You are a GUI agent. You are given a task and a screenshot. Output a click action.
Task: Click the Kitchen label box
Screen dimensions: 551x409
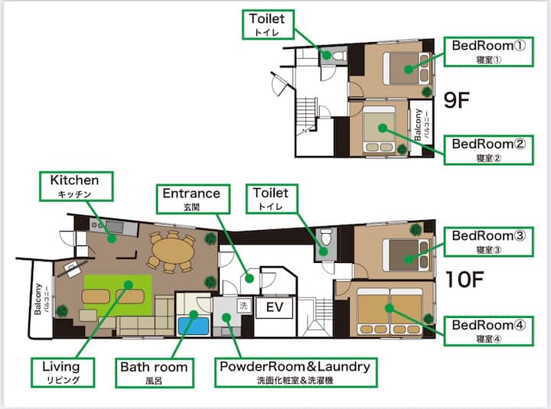click(77, 187)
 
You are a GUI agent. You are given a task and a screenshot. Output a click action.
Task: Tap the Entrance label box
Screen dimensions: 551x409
click(193, 199)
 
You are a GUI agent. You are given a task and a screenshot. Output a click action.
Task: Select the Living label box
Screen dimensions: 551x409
click(63, 372)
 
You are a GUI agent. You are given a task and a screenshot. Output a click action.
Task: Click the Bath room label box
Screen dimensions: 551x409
click(155, 373)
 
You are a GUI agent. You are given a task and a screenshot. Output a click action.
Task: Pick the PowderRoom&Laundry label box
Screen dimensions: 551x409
click(296, 372)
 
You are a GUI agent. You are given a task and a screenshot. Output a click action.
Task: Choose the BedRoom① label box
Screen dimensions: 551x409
click(488, 52)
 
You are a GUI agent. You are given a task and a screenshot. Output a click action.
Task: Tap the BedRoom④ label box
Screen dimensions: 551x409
click(488, 331)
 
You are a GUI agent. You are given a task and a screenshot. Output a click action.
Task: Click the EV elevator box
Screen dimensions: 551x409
click(274, 308)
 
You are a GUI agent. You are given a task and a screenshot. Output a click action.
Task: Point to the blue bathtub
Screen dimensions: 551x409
click(194, 326)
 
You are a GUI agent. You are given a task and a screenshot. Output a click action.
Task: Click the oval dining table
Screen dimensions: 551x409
click(173, 252)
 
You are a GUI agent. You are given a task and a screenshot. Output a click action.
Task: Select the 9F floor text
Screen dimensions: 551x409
click(456, 99)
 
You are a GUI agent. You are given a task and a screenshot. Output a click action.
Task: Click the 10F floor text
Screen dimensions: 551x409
click(465, 280)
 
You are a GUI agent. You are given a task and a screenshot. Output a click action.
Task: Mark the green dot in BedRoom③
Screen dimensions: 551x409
click(409, 259)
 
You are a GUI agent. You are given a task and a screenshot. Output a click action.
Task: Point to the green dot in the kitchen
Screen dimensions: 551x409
click(112, 239)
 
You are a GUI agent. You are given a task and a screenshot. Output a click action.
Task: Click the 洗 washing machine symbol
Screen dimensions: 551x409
click(243, 305)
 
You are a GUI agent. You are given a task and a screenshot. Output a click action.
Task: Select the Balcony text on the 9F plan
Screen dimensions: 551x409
click(418, 125)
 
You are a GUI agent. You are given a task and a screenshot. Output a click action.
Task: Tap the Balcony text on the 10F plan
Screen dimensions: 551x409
click(37, 299)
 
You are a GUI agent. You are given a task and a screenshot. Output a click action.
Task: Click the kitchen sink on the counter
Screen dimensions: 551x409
click(114, 226)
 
